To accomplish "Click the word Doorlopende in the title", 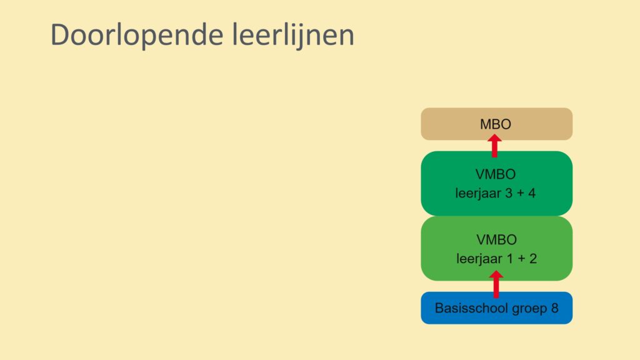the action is pos(137,36).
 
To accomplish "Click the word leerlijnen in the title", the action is pos(293,36).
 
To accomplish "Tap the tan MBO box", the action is pos(496,124).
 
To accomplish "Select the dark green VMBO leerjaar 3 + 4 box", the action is pos(496,183).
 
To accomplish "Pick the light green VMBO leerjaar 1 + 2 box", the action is pos(496,248).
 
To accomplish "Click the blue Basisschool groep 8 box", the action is pos(496,307).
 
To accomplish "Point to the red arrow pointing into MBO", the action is pos(494,146).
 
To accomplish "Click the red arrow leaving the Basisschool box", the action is pos(496,284).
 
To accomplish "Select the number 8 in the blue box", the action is pos(555,307).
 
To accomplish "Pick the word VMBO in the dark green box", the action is pos(496,174).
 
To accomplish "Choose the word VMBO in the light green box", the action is pos(496,239).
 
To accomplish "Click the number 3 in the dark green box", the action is pos(509,193).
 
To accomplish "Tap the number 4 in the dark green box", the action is pos(532,193).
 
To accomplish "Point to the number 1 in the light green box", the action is pos(510,258).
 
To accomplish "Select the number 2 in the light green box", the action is pos(533,258).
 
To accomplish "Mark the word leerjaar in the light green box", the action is pos(479,259).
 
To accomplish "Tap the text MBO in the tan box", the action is pos(496,124).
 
